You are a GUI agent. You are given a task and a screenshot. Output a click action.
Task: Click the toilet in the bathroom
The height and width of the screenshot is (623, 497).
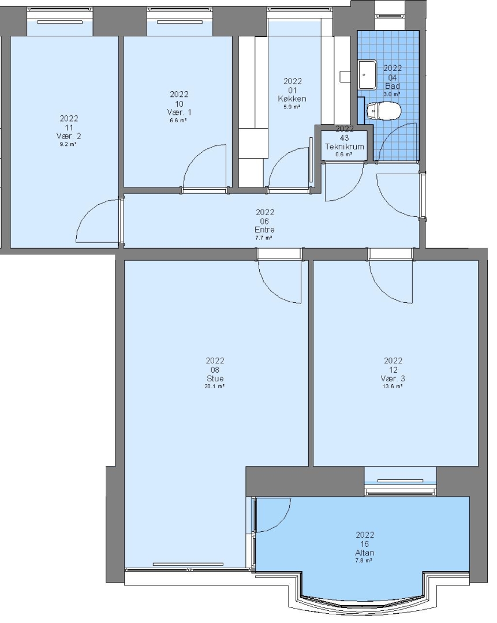383,111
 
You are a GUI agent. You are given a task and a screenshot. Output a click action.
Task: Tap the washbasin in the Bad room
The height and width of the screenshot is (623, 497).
367,74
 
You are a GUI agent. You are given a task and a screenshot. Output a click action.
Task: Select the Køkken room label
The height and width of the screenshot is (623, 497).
292,99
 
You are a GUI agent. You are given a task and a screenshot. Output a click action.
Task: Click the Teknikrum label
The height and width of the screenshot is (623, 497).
345,146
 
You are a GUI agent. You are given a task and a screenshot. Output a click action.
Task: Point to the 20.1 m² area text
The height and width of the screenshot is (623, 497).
215,386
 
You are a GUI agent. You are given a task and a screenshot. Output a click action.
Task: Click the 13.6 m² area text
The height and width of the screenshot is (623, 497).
393,386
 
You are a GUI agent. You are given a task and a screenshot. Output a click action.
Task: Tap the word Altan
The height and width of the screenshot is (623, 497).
365,553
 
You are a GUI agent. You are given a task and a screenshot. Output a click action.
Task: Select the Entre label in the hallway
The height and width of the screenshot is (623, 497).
264,230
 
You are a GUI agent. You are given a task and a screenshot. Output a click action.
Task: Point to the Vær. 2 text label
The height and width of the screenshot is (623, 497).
69,136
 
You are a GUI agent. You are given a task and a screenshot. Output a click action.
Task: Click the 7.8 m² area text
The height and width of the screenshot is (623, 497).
364,561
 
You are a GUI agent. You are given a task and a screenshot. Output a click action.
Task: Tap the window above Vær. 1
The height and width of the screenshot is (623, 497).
180,22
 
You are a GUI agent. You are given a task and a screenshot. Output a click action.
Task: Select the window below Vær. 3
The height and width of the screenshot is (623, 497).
401,481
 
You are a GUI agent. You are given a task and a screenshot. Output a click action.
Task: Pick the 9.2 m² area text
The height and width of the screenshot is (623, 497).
68,144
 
